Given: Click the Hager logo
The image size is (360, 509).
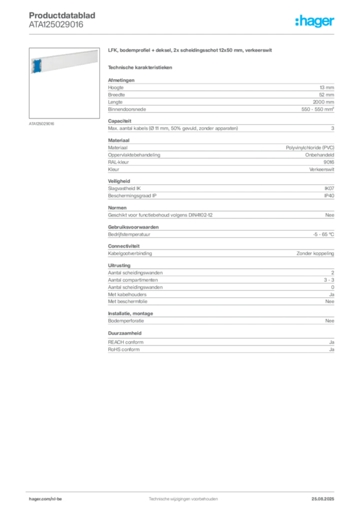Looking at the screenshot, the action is pos(314,21).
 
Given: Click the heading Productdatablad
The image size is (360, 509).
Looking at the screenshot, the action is pos(62,15).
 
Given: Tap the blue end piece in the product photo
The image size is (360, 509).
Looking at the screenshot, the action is pos(37,66).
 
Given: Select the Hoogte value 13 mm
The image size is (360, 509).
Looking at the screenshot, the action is pos(327,87).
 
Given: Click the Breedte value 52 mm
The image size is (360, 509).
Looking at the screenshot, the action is pos(326,95).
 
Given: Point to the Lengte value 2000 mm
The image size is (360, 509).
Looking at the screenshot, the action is pos(323,102).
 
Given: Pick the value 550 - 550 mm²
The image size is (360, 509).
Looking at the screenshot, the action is pos(317,109).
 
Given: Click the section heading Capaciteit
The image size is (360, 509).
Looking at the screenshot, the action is pos(119,121).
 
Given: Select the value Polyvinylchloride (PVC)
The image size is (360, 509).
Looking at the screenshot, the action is pos(310,148).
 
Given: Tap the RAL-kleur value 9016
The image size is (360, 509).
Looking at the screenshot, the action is pos(329,163).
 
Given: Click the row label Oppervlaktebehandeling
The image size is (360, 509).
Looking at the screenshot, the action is pos(134,155).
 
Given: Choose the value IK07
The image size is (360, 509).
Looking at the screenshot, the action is pos(329,188).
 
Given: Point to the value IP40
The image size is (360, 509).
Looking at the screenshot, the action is pos(329,196).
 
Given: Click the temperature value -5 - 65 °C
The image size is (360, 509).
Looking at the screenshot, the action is pos(323,235).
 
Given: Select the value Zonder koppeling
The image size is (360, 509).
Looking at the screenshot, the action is pos(315,254).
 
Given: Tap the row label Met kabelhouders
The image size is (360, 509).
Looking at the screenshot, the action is pos(127,294).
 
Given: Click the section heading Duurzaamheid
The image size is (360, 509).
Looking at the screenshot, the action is pos(125,334).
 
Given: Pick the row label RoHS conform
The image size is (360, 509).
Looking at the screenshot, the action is pos(124,349).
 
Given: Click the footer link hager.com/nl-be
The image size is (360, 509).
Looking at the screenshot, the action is pos(45,499).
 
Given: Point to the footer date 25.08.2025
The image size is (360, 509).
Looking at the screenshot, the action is pos(323,499).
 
